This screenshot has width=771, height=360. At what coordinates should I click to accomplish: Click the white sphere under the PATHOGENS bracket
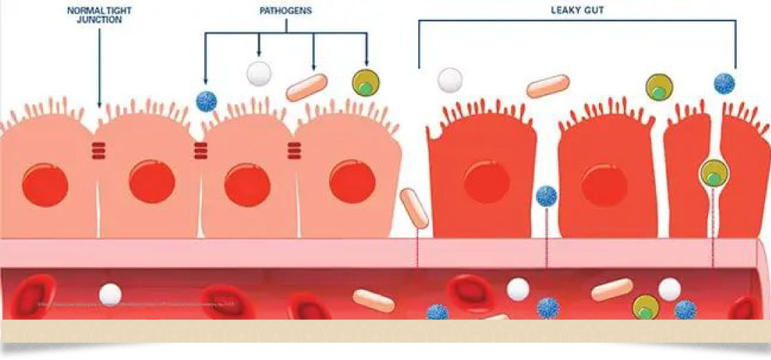coord(258,73)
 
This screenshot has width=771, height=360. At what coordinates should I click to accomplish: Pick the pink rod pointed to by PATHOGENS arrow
coord(306,87)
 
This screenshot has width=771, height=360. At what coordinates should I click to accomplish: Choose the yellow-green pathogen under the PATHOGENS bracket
coord(366,84)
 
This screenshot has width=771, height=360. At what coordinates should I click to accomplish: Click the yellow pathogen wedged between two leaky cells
coord(712,173)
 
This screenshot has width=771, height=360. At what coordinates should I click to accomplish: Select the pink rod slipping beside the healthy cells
coord(414,208)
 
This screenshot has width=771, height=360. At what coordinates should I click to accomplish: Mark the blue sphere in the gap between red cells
coord(547,196)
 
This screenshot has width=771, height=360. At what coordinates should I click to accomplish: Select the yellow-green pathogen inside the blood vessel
coord(645,307)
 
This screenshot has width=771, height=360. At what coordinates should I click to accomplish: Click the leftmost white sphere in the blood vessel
coord(110,293)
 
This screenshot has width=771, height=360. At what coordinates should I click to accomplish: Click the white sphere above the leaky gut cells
coord(450,80)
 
